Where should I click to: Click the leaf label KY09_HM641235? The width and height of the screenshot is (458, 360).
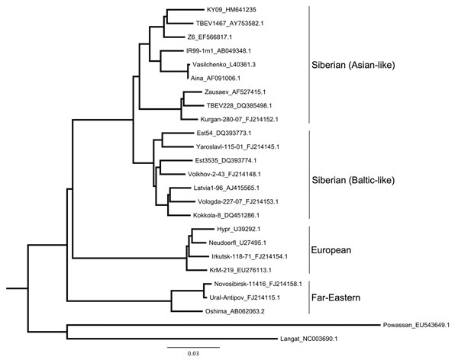click(x=231, y=10)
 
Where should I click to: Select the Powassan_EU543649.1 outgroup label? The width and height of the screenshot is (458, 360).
click(x=416, y=325)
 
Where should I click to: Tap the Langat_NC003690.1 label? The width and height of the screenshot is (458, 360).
click(x=308, y=339)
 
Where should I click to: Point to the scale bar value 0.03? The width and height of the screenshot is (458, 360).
click(x=193, y=353)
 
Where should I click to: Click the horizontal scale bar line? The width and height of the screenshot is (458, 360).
click(x=193, y=347)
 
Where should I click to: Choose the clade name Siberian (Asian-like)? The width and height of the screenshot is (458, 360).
click(x=353, y=65)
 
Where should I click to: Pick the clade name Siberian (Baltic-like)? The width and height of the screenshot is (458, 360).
click(x=353, y=180)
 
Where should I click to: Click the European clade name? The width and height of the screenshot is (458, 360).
click(x=331, y=250)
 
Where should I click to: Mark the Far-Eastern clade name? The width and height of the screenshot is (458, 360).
click(x=336, y=297)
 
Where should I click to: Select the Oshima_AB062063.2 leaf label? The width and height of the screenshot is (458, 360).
click(x=234, y=311)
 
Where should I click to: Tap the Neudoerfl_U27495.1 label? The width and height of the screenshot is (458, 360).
click(x=237, y=243)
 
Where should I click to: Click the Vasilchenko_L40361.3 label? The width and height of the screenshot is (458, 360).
click(x=224, y=64)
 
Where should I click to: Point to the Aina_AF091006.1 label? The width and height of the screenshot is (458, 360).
click(x=215, y=78)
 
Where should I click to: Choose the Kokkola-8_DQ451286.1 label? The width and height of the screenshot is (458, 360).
click(x=226, y=215)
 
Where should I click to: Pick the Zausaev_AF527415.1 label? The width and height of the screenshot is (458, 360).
click(x=235, y=92)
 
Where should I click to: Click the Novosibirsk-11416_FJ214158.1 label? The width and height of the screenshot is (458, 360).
click(x=258, y=284)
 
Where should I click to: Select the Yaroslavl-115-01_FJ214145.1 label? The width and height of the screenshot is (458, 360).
click(x=237, y=146)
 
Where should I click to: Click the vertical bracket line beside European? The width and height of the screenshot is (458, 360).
click(x=309, y=249)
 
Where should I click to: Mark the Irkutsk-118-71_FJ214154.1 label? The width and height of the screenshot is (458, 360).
click(x=250, y=256)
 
